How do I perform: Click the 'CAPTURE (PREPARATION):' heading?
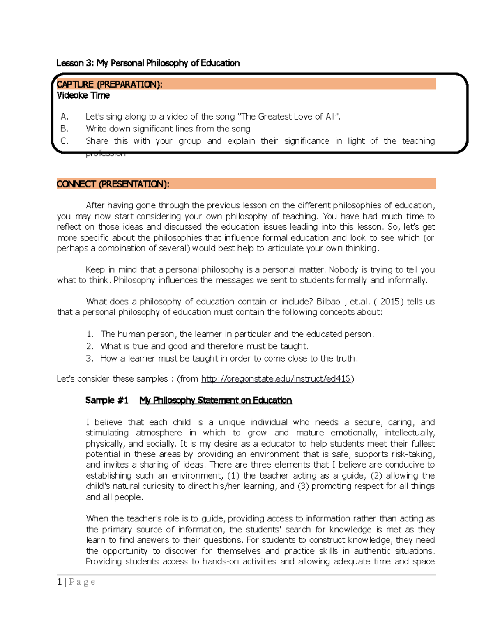point(109,84)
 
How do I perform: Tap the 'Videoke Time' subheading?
point(83,95)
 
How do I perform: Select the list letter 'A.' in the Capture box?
point(64,117)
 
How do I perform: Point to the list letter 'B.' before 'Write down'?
point(64,129)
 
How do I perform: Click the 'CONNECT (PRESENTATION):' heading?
point(113,184)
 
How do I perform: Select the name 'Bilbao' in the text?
point(328,302)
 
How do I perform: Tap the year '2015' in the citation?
point(390,302)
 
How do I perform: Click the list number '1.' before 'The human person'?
point(90,334)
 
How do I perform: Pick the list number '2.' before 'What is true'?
point(90,346)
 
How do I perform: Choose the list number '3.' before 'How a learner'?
point(90,358)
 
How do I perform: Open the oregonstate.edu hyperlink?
point(276,379)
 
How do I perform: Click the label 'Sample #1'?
point(107,401)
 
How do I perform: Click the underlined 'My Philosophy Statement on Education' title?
point(216,401)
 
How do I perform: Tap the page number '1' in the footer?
point(60,582)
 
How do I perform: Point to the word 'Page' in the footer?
point(82,582)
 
